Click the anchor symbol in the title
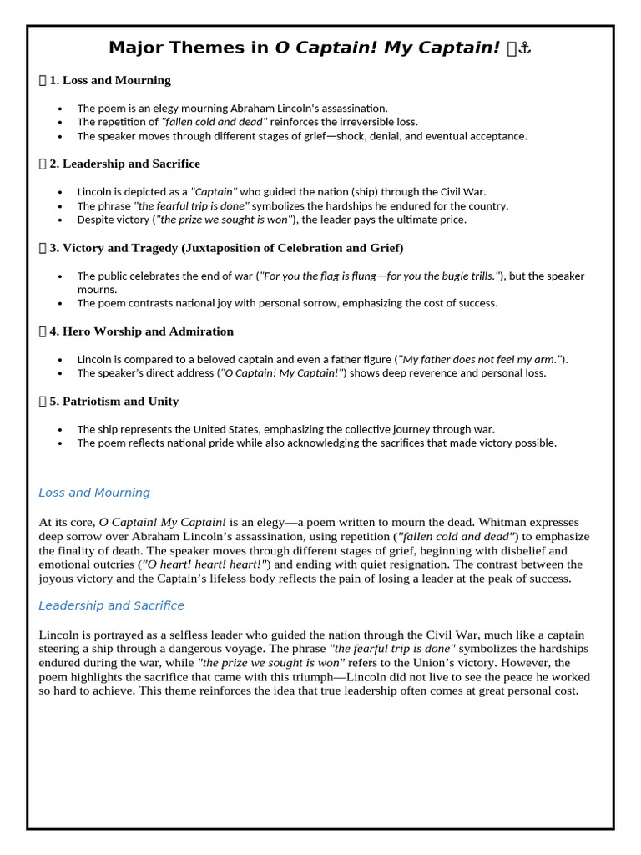(525, 48)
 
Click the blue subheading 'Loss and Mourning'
(94, 493)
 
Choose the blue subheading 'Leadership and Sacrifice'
(111, 605)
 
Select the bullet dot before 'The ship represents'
(60, 430)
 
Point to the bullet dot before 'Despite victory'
(60, 220)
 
